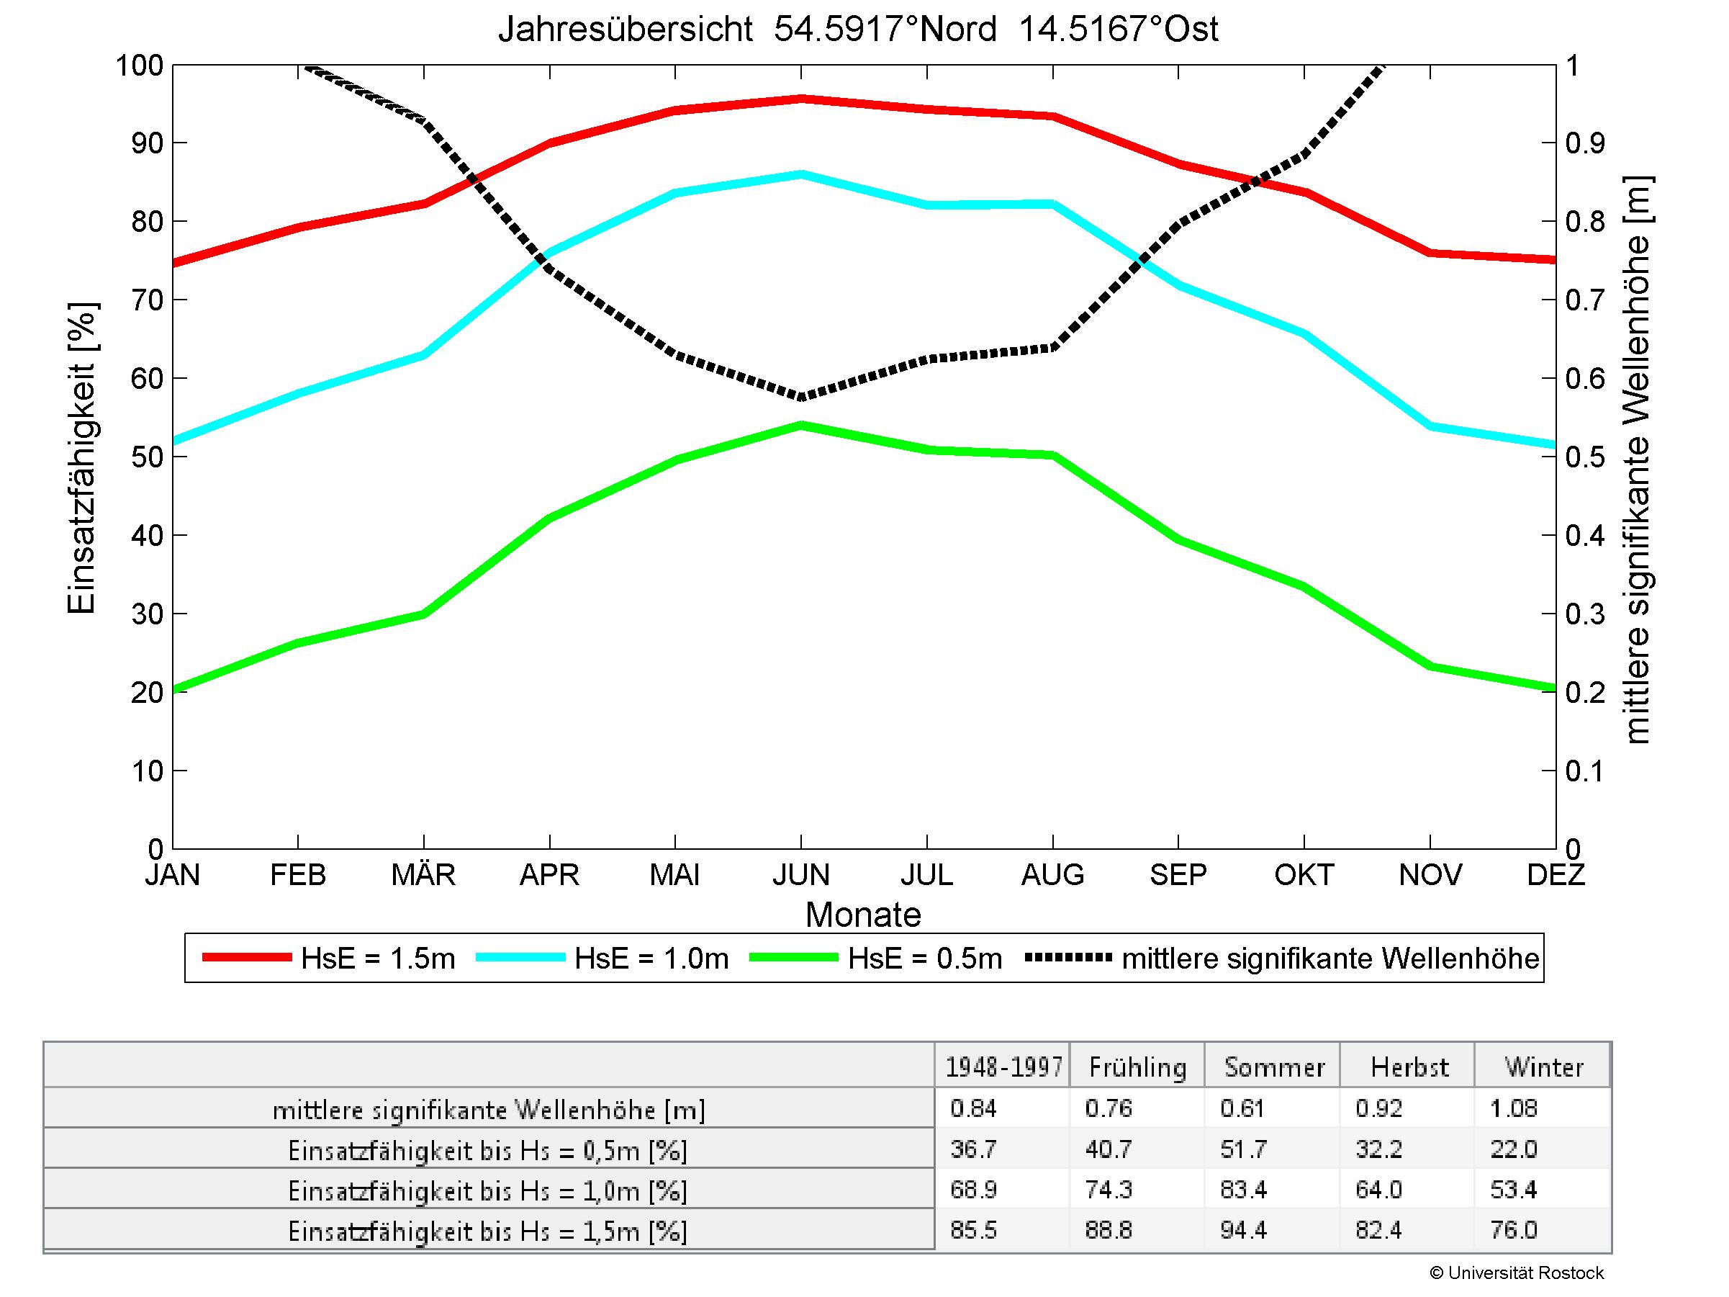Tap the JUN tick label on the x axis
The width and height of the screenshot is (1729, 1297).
801,874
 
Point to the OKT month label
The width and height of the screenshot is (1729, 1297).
1304,874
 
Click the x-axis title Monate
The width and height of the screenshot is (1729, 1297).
863,915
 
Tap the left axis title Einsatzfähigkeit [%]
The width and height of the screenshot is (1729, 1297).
81,457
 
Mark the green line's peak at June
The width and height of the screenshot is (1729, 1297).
801,426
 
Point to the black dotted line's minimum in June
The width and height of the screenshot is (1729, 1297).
801,397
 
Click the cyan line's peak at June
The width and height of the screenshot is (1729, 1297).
801,174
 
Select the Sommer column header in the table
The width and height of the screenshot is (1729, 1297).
1274,1067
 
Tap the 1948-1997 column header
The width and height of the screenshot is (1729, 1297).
1003,1067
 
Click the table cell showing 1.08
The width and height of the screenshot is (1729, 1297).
1513,1108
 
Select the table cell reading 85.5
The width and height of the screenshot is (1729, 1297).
973,1231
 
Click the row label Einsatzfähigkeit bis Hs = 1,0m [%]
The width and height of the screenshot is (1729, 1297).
488,1190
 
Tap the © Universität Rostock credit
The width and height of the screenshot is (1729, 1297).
1517,1273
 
